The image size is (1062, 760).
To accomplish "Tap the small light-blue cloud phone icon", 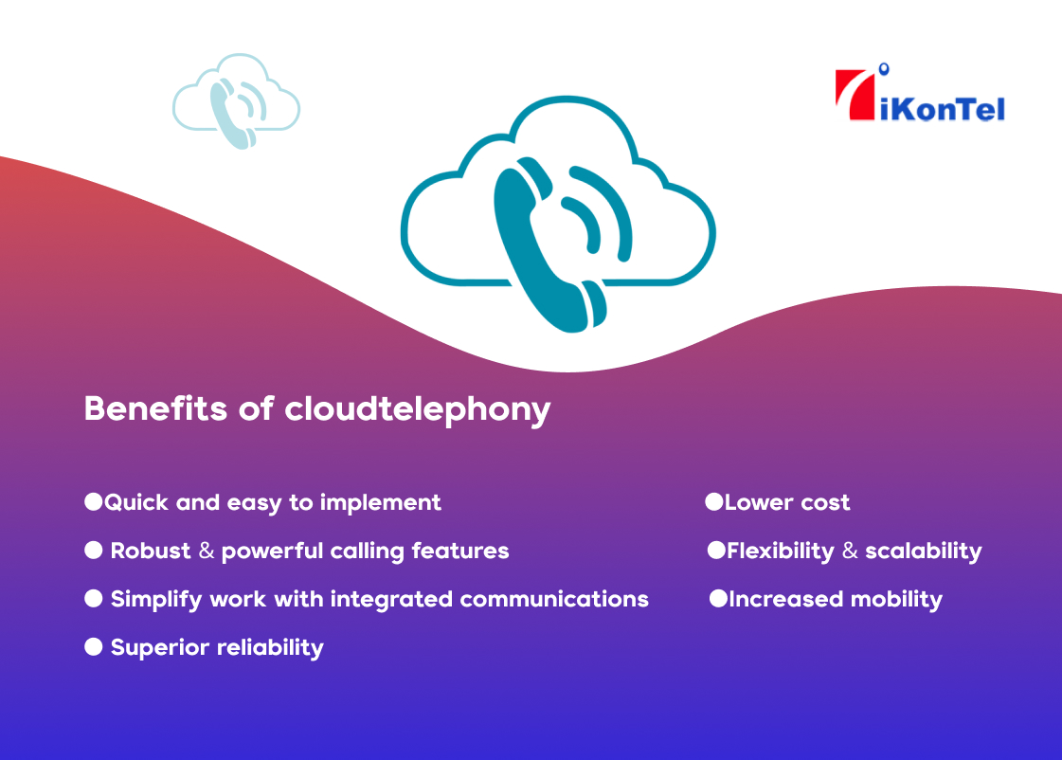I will coord(236,102).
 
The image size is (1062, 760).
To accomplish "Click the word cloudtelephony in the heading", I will coord(418,410).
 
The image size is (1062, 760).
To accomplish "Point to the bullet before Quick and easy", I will coord(93,501).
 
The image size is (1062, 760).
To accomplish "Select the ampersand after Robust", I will coord(207,551).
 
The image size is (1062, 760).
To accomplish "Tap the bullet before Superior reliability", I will coord(93,647).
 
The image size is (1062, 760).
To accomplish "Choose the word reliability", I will coord(270,648).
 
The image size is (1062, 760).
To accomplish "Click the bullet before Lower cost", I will coord(713,501).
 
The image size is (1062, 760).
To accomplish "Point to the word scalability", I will coord(924,552).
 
